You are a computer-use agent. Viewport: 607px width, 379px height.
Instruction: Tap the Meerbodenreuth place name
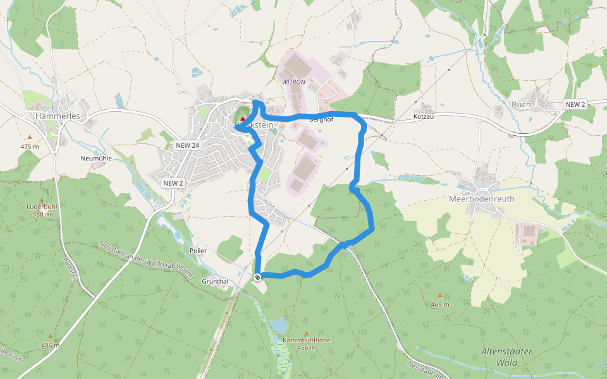[x=482, y=198]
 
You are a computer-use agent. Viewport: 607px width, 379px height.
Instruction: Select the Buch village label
[x=521, y=104]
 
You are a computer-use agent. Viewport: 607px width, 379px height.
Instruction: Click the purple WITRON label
[x=293, y=83]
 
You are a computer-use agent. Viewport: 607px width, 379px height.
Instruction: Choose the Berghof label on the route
[x=321, y=119]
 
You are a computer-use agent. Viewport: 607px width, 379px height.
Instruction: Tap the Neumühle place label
[x=96, y=159]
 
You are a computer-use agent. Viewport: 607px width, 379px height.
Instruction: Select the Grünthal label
[x=214, y=280]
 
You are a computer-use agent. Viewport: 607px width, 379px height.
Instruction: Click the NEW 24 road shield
[x=187, y=145]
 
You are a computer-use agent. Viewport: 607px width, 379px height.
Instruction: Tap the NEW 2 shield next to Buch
[x=575, y=104]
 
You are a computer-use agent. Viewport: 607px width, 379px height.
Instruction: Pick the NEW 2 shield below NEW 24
[x=173, y=183]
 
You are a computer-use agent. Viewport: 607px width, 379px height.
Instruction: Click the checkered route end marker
[x=257, y=277]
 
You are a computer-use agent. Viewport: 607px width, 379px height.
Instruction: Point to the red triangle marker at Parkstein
[x=242, y=119]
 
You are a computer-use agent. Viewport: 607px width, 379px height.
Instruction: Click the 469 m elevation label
[x=440, y=304]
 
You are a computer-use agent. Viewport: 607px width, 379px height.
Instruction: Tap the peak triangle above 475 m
[x=29, y=136]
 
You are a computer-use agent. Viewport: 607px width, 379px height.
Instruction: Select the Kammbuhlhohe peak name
[x=307, y=340]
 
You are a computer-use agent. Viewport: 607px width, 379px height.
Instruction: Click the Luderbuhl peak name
[x=42, y=207]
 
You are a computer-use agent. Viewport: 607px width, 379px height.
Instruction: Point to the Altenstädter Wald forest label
[x=507, y=357]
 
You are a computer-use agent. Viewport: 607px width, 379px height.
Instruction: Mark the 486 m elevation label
[x=51, y=346]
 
